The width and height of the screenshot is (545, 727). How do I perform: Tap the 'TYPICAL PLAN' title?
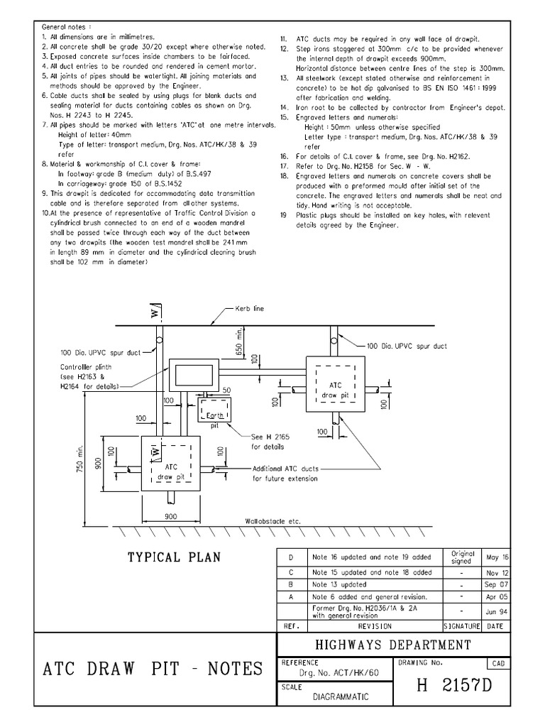(x=174, y=557)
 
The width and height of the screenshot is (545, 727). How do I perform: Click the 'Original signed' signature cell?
(x=463, y=557)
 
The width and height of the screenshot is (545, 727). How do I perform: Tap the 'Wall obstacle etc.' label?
(x=272, y=521)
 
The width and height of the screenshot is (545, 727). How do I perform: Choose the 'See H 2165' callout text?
(x=266, y=437)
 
